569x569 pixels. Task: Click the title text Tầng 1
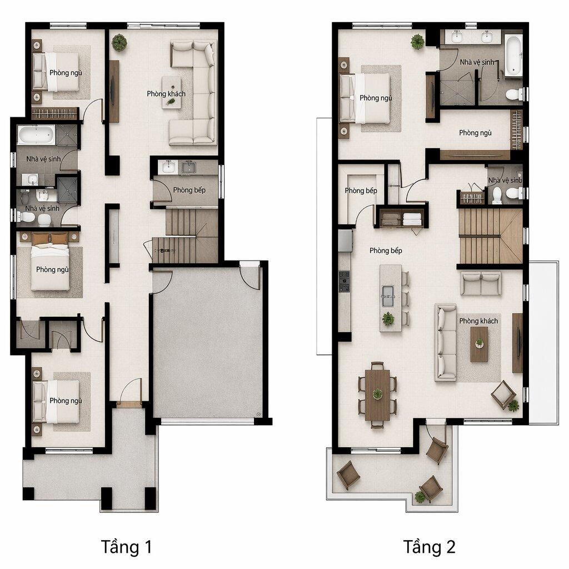126,547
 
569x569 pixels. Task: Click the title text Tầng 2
430,547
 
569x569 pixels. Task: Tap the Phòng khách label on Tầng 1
166,93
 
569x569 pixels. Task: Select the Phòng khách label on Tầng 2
478,321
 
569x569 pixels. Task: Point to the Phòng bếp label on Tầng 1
189,190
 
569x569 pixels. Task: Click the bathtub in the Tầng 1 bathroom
36,134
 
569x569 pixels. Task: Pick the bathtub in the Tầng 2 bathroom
513,56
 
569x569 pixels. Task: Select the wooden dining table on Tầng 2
377,395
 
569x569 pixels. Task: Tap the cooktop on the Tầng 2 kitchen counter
345,281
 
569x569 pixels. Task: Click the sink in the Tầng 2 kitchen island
388,296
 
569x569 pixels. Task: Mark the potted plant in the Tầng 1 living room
119,42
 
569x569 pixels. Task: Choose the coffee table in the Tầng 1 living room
171,92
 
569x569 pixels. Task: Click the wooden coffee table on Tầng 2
480,344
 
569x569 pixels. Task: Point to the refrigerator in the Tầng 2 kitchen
345,241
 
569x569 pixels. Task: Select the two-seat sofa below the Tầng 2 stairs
481,283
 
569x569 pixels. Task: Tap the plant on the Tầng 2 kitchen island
388,318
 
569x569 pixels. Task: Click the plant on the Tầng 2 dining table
377,393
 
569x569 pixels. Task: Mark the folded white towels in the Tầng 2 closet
412,219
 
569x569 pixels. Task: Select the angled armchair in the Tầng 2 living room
503,395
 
